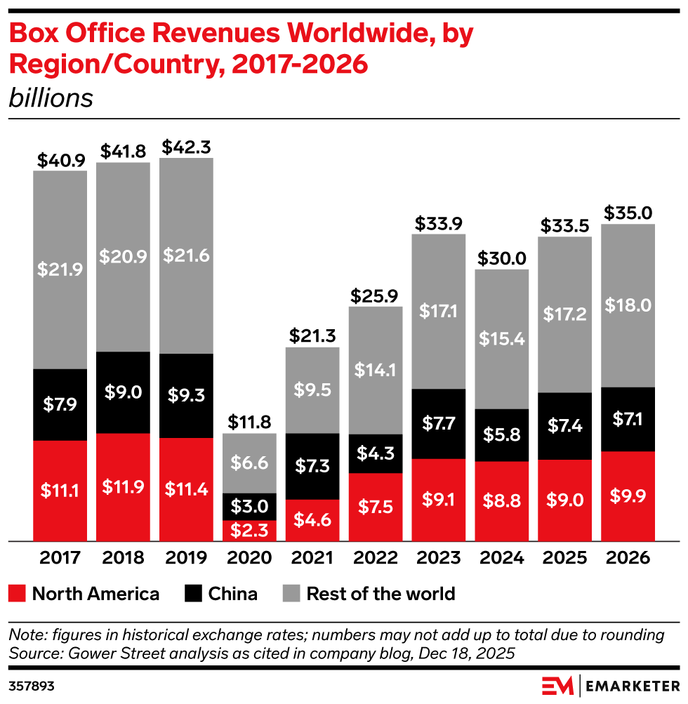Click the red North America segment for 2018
click(123, 487)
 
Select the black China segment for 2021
click(312, 466)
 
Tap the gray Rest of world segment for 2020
click(249, 463)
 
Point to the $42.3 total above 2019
click(186, 148)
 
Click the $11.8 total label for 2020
click(249, 423)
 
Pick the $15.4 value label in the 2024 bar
click(502, 339)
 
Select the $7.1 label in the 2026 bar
click(628, 419)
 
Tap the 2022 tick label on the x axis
click(376, 558)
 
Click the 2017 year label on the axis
click(60, 558)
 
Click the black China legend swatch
click(194, 594)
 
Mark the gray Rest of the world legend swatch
click(291, 594)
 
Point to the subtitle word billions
click(51, 98)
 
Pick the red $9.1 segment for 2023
click(439, 500)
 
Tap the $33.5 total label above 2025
click(564, 226)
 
